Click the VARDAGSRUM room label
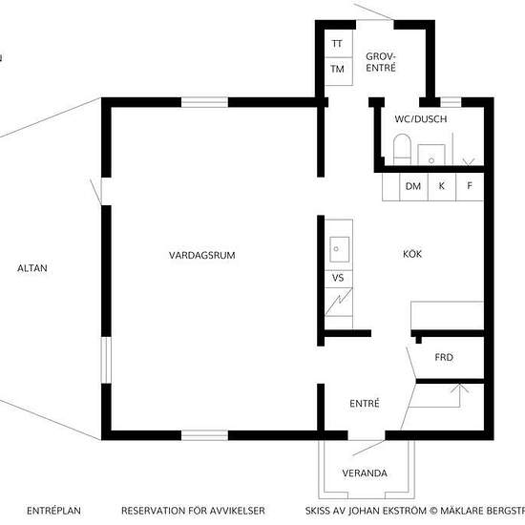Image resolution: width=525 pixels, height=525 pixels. click(x=202, y=255)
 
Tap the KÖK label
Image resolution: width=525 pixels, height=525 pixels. click(x=412, y=254)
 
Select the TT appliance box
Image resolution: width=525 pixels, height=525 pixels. click(x=339, y=44)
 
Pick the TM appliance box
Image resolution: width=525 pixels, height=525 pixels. click(x=339, y=72)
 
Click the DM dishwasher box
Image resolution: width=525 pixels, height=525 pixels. click(x=414, y=186)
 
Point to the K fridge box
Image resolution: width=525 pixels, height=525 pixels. click(x=442, y=186)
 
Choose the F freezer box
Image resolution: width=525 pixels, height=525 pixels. click(x=470, y=186)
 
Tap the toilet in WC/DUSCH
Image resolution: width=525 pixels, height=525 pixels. click(x=402, y=149)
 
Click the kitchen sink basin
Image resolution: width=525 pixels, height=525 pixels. click(x=339, y=249)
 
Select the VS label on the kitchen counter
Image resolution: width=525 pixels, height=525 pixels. click(x=338, y=278)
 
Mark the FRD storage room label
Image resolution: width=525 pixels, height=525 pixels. click(x=444, y=357)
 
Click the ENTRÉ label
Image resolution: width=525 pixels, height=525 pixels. click(x=365, y=403)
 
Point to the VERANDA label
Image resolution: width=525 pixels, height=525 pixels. click(x=365, y=473)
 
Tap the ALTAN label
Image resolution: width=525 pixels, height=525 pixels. click(x=32, y=268)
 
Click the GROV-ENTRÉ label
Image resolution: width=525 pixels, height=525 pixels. click(x=381, y=62)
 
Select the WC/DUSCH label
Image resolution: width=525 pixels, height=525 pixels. click(x=421, y=119)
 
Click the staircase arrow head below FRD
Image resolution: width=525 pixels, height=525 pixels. click(x=460, y=388)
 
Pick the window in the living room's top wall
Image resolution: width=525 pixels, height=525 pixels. click(x=204, y=102)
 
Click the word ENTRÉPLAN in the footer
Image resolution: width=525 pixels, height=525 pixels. click(x=53, y=511)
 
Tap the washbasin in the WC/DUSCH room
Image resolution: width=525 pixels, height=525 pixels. click(x=431, y=155)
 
